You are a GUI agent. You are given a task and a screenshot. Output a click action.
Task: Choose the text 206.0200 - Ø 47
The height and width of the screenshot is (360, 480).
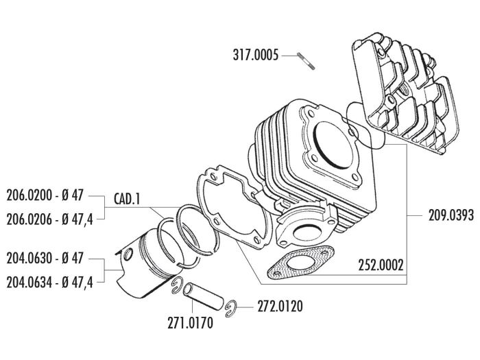point(45,195)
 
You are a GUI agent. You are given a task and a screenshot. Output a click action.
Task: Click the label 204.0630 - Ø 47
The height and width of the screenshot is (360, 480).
point(45,260)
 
